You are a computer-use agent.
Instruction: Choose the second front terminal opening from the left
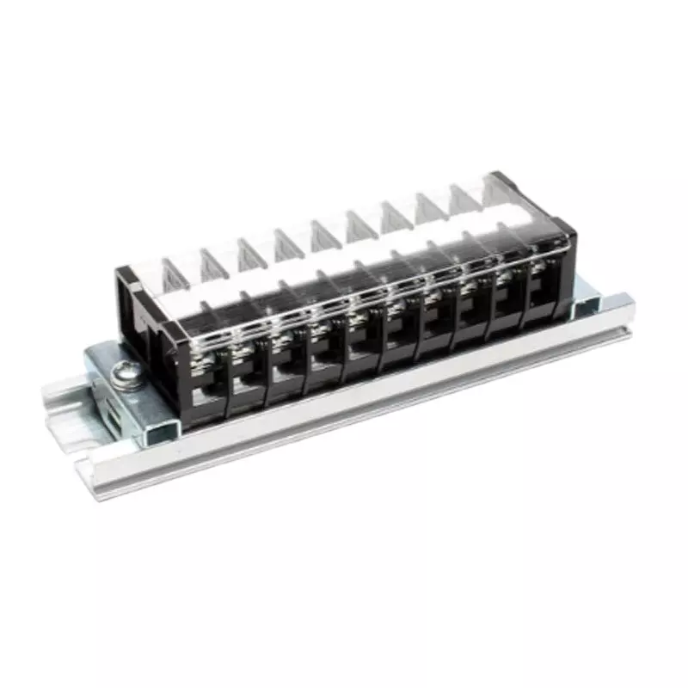pyautogui.click(x=249, y=378)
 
